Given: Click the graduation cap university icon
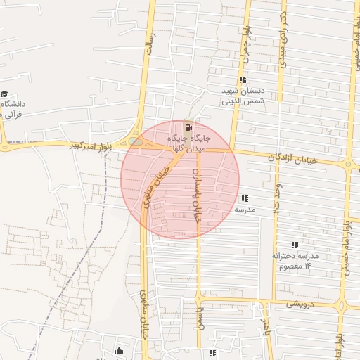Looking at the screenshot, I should [x=5, y=94].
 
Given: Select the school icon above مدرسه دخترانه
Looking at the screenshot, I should [x=295, y=245].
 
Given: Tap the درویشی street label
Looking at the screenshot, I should [x=304, y=304].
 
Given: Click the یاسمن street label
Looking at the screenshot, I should [x=200, y=307].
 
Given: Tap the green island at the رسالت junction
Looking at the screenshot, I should [x=136, y=141].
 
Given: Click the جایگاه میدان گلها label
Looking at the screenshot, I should [x=187, y=143].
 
